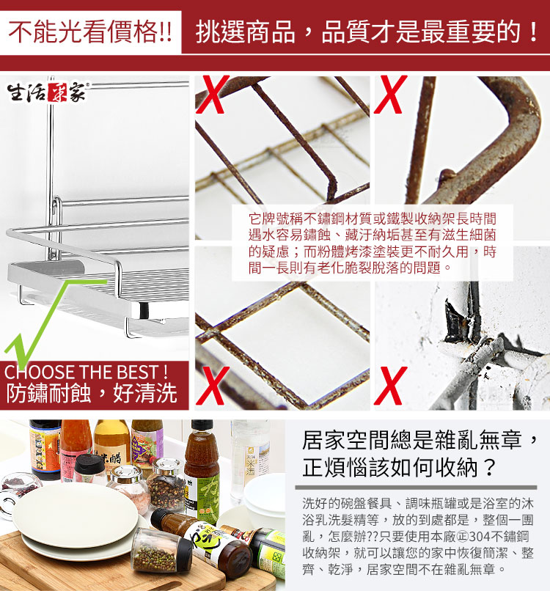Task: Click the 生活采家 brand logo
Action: click(47, 92)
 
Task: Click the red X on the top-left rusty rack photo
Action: click(213, 95)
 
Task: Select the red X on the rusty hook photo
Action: click(391, 95)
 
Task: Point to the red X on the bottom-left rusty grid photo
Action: click(213, 385)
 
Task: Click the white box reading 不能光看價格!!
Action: click(90, 32)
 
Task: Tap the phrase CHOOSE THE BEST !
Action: click(87, 372)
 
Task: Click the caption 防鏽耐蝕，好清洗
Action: click(92, 393)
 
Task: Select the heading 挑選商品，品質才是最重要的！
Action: click(367, 32)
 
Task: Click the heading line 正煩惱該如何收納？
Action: click(400, 468)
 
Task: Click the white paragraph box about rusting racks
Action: click(372, 243)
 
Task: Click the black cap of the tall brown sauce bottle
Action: click(202, 426)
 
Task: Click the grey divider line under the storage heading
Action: click(416, 488)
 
